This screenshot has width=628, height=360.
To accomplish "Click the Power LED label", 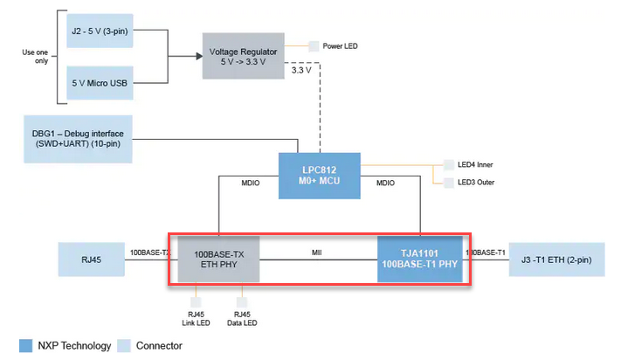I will [340, 45].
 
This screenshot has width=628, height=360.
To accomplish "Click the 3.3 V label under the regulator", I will [300, 71].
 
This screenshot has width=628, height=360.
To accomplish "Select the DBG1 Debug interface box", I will [79, 138].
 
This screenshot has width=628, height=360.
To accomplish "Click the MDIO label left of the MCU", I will [253, 183].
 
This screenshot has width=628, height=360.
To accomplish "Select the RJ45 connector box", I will [91, 260].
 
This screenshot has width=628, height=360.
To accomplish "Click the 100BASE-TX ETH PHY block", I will [218, 259].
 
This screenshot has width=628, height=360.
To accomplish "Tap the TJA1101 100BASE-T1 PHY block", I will [419, 259].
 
